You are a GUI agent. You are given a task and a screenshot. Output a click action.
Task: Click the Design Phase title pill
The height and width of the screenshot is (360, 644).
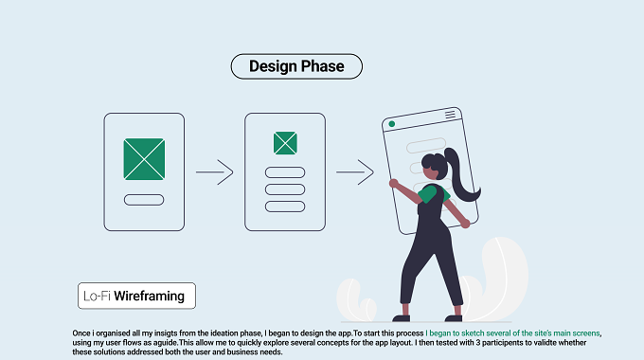(x=296, y=66)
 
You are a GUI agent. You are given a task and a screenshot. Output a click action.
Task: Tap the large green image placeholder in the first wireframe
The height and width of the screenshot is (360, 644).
(x=144, y=159)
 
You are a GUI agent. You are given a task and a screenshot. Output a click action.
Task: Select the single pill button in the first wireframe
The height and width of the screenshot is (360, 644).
(x=144, y=200)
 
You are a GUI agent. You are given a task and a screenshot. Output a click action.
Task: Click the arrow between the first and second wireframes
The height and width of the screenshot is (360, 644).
(x=214, y=172)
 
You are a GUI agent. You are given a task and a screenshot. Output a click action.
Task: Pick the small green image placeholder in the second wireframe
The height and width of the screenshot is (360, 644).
(x=285, y=143)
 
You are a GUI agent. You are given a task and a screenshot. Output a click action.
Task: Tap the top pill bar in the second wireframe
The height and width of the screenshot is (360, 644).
(x=285, y=172)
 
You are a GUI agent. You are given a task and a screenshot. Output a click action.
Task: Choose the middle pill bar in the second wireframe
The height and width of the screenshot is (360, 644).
(x=285, y=189)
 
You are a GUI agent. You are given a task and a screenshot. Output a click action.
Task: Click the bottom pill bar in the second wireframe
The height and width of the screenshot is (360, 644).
(x=285, y=207)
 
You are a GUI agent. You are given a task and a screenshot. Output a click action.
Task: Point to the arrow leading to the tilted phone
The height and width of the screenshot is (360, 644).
(x=355, y=172)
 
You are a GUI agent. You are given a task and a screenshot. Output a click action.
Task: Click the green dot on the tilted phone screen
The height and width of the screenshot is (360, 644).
(x=392, y=124)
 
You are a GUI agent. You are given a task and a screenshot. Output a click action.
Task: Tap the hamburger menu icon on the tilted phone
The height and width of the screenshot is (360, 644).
(x=450, y=115)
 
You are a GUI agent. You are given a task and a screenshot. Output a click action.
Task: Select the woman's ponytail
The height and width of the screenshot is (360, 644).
(x=461, y=174)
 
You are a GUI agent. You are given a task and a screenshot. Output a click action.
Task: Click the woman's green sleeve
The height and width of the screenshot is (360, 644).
(x=429, y=194)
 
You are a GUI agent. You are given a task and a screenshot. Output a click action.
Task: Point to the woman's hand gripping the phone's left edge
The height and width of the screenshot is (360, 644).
(x=393, y=183)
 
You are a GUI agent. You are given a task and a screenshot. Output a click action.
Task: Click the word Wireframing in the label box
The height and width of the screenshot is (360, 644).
(x=149, y=296)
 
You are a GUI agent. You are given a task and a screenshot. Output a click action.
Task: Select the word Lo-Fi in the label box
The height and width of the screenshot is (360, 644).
(x=97, y=296)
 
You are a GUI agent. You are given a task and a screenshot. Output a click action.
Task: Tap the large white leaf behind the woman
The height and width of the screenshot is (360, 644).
(x=499, y=276)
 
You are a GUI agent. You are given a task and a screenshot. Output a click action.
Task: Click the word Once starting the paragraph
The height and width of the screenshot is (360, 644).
(x=81, y=333)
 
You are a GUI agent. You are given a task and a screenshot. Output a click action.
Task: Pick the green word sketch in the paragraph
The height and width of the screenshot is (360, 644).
(x=473, y=333)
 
